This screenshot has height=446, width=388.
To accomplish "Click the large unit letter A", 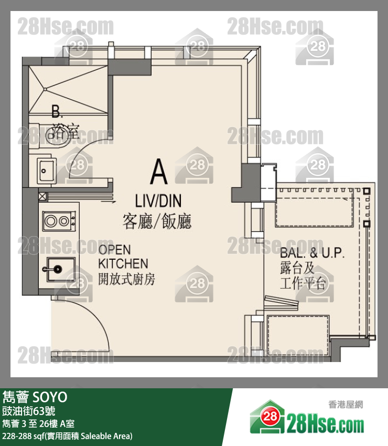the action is [159, 171].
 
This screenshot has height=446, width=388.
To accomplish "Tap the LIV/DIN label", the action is [158, 201].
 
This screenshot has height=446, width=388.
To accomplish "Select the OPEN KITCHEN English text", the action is [123, 257].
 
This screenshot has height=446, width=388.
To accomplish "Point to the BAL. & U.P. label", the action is [312, 253].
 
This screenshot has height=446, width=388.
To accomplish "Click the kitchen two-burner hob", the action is [59, 221].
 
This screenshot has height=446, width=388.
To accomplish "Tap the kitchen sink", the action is [60, 269].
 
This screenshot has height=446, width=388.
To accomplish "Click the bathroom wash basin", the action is [46, 171].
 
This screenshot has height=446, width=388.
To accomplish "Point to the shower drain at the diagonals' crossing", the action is [45, 90].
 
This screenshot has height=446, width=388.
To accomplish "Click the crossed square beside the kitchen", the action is [42, 196].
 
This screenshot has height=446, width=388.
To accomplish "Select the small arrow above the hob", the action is [109, 202].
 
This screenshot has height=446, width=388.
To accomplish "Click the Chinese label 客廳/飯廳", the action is [157, 221].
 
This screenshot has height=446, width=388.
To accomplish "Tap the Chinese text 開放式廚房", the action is [127, 279].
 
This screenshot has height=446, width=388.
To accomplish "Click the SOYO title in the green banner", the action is [50, 397].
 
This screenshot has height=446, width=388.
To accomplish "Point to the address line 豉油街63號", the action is [29, 411].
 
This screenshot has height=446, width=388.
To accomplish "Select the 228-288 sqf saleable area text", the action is [67, 436].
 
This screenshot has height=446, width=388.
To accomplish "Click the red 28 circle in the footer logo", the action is [270, 417].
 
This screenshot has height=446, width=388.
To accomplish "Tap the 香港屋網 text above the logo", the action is [346, 405].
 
